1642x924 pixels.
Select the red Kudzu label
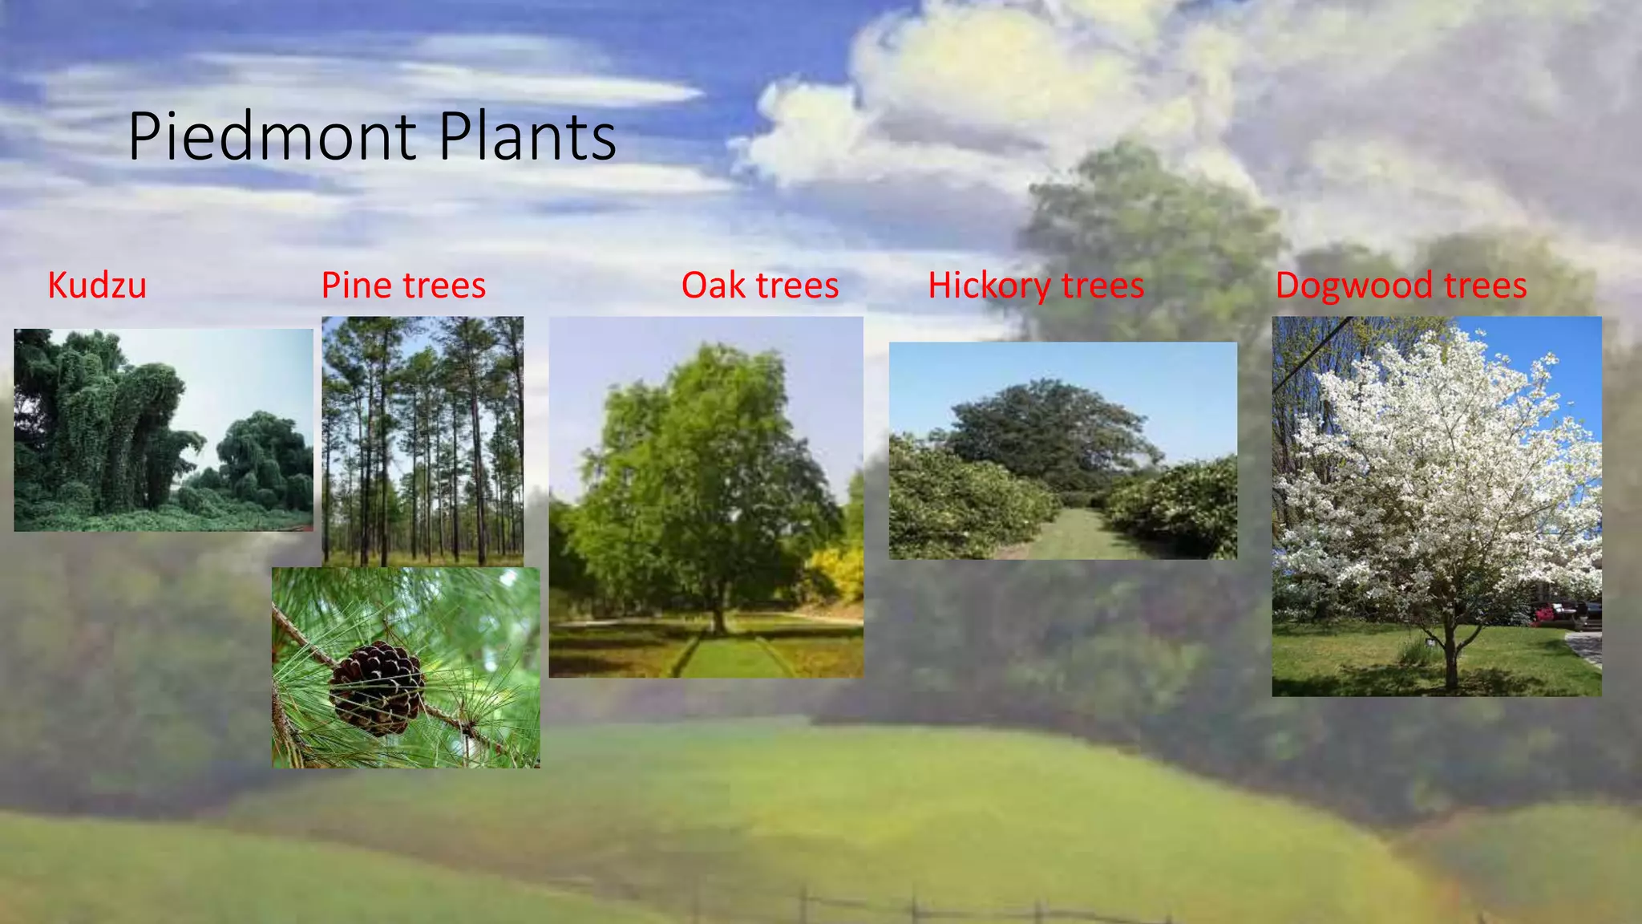97,286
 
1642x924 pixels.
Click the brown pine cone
377,688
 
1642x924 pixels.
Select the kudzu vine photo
164,430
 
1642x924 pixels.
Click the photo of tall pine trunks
423,441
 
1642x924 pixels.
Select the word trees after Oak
797,286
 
